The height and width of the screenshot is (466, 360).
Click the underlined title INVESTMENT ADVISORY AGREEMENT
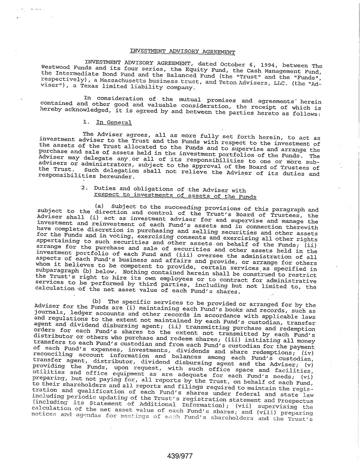click(182, 52)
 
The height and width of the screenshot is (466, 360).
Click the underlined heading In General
click(113, 123)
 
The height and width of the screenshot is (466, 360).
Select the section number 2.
click(84, 189)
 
